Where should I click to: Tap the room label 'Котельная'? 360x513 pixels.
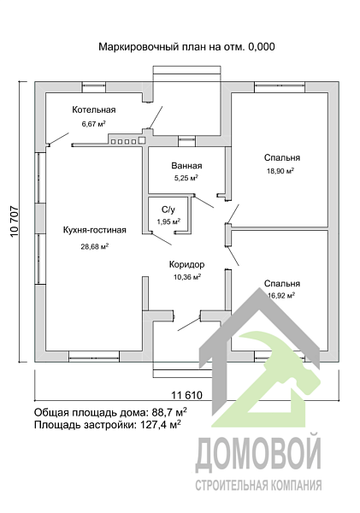pos(93,110)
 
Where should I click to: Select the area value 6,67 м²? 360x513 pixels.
pos(93,124)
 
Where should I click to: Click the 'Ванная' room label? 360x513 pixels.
pos(186,166)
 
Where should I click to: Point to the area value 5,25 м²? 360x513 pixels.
pos(186,179)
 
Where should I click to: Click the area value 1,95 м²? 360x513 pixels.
pos(168,221)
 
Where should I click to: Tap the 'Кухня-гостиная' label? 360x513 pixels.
pos(95,230)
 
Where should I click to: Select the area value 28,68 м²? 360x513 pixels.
pos(93,246)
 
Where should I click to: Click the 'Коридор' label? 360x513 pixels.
pos(186,264)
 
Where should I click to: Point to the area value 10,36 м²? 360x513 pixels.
pos(186,277)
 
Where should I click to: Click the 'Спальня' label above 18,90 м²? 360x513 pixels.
pos(281,157)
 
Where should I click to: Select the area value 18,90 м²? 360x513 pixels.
pos(280,171)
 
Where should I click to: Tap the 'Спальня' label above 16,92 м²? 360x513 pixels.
pos(281,283)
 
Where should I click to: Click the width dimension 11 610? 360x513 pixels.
pos(192,394)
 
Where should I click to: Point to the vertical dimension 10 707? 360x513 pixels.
pos(14,224)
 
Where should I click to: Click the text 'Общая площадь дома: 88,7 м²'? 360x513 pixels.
pos(110,411)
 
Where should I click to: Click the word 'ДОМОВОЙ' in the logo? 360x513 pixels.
pos(258,454)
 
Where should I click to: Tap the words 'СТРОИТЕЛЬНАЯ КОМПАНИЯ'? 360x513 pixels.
pos(258,486)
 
